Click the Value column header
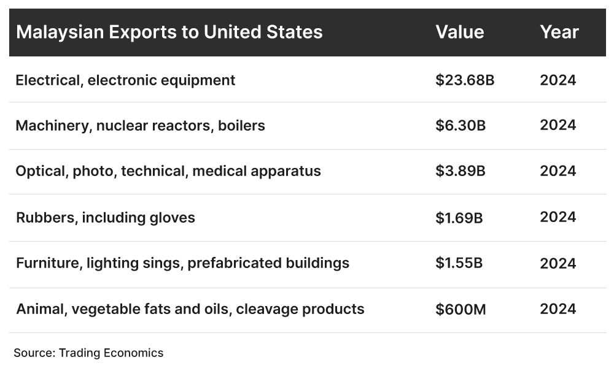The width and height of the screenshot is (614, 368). (x=459, y=32)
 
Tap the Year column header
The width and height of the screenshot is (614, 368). (x=559, y=32)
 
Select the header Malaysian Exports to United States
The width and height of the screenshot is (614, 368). (x=169, y=32)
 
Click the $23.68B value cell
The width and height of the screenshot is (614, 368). (x=465, y=80)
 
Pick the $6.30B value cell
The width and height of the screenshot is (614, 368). (x=460, y=126)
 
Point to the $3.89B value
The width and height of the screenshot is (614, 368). (x=460, y=171)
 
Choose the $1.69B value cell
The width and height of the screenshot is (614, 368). (x=459, y=217)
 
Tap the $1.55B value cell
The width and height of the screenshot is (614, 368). (x=459, y=263)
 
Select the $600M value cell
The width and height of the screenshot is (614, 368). (x=460, y=309)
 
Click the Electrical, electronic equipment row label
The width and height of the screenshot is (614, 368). (x=125, y=80)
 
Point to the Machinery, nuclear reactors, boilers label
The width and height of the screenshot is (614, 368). (x=140, y=126)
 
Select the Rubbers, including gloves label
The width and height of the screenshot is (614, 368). (x=105, y=217)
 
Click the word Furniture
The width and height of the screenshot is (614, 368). (x=48, y=263)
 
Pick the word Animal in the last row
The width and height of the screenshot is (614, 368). (x=41, y=309)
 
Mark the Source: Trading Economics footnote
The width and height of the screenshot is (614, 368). (x=88, y=353)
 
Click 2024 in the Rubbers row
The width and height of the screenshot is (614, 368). (x=558, y=217)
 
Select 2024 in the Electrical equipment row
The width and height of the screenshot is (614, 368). (x=558, y=80)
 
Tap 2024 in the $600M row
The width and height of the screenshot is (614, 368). (x=558, y=309)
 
